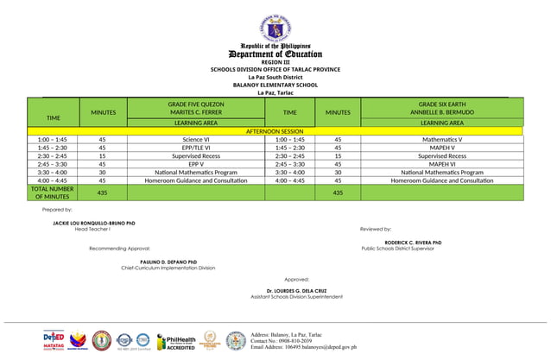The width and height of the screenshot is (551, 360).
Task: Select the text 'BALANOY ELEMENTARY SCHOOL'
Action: (x=275, y=85)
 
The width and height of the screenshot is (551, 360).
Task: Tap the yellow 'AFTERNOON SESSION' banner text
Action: (x=275, y=130)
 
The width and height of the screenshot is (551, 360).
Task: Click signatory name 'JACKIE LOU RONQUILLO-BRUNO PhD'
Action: (x=94, y=223)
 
